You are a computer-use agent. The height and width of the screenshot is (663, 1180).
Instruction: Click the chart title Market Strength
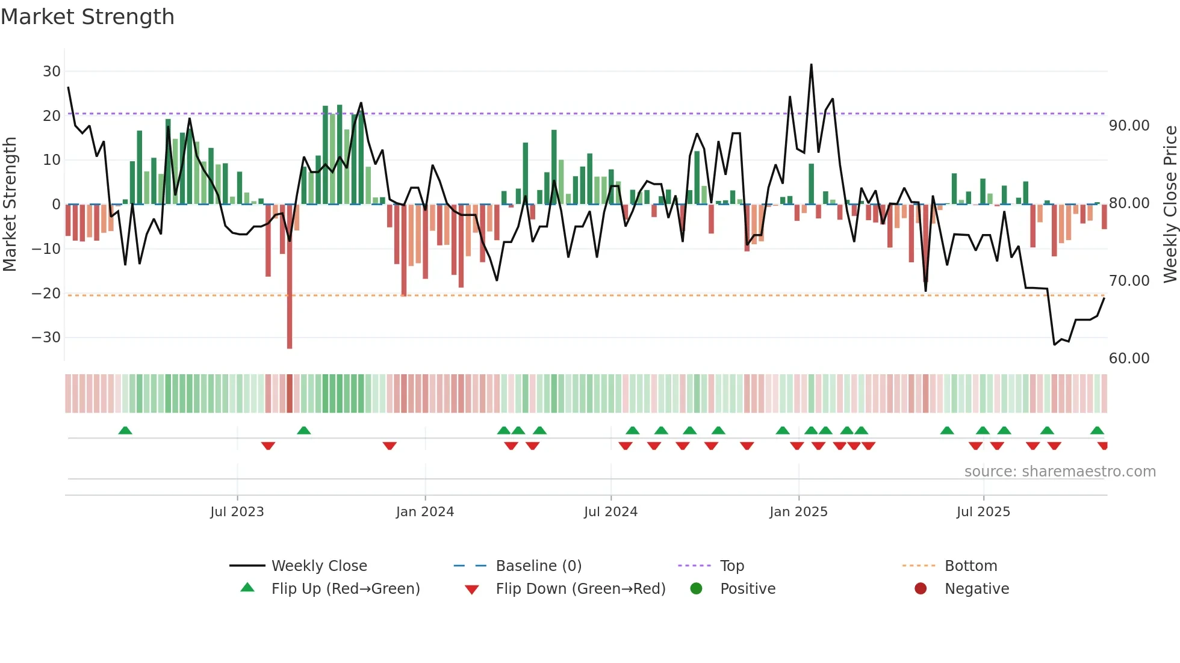click(x=87, y=17)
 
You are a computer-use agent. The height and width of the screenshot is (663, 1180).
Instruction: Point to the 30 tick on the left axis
click(x=52, y=72)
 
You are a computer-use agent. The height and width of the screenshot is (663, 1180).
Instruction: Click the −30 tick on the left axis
click(x=46, y=338)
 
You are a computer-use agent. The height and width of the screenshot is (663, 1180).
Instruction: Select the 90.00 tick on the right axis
click(x=1129, y=126)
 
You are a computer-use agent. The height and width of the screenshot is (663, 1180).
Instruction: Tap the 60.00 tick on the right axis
click(x=1129, y=359)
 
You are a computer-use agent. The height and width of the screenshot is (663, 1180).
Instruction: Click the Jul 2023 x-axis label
click(x=237, y=512)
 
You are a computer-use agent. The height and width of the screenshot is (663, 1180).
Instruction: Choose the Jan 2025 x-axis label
click(x=798, y=512)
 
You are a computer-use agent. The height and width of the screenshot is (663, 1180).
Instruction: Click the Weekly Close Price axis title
click(x=1170, y=205)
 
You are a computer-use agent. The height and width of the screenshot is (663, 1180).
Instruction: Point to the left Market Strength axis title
click(x=10, y=205)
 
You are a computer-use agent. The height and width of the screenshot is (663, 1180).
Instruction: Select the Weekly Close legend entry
click(x=318, y=566)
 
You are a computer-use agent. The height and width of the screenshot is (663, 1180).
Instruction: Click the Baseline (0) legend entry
click(x=538, y=566)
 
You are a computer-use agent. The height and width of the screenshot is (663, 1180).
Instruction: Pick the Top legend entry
click(x=731, y=566)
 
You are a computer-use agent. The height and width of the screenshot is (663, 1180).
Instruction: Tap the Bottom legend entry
click(x=970, y=566)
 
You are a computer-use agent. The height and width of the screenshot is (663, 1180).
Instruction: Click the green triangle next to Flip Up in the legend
click(x=247, y=588)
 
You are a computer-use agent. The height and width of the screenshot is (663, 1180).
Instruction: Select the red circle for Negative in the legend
click(x=921, y=588)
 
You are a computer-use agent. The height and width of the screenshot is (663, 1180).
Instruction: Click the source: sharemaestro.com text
click(x=1060, y=472)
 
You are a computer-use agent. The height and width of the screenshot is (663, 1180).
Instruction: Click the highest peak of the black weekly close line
click(x=811, y=65)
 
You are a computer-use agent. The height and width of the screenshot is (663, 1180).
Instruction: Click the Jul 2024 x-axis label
click(x=610, y=512)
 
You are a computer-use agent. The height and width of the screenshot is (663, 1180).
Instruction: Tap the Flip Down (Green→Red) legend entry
click(x=580, y=589)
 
